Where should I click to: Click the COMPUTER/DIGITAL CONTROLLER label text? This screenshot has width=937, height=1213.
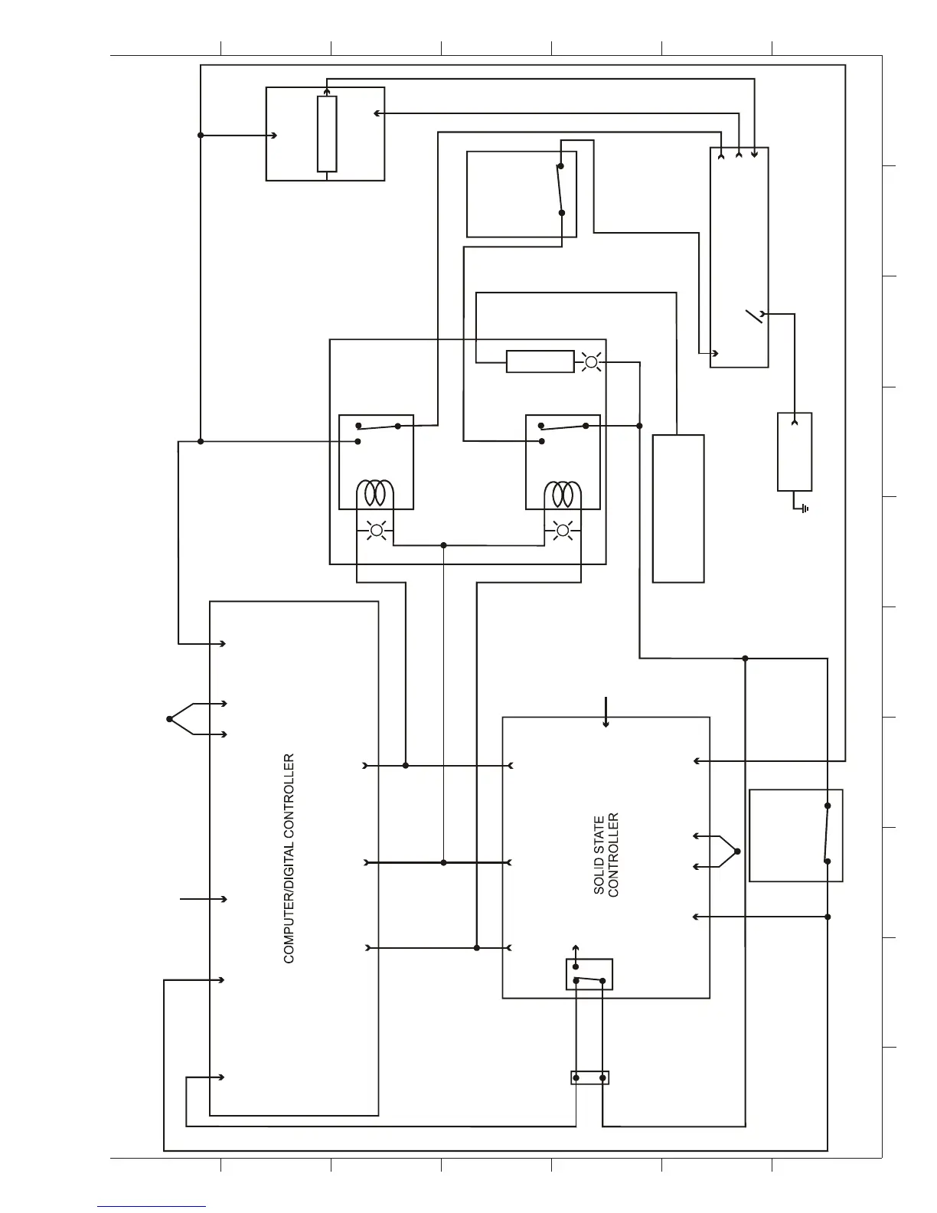point(289,858)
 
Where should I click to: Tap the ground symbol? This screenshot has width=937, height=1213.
point(804,508)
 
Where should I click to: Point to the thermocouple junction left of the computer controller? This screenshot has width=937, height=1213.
point(170,718)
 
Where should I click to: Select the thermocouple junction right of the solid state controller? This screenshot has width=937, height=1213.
point(738,851)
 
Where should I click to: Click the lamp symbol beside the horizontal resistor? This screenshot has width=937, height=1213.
point(591,361)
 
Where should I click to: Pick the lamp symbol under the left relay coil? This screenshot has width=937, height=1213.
point(376,530)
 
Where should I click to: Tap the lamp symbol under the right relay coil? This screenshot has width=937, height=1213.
point(563,530)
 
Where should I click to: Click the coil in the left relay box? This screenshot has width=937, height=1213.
point(376,493)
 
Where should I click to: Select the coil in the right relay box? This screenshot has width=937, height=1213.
point(563,493)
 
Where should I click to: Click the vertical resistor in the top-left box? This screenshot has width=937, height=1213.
point(327,134)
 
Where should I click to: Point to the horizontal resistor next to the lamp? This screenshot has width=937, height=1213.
point(540,361)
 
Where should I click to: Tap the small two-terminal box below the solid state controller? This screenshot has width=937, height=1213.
point(589,1077)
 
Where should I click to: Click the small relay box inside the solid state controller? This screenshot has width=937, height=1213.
point(589,974)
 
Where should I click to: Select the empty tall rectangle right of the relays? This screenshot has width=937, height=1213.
point(678,508)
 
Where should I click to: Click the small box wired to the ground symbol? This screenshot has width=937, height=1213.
point(795,452)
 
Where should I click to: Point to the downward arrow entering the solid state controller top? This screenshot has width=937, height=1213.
point(606,711)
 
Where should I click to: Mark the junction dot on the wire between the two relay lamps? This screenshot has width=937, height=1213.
point(444,545)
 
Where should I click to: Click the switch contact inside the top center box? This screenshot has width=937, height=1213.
point(560,189)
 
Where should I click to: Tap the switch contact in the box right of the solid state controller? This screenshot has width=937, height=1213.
point(827,833)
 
